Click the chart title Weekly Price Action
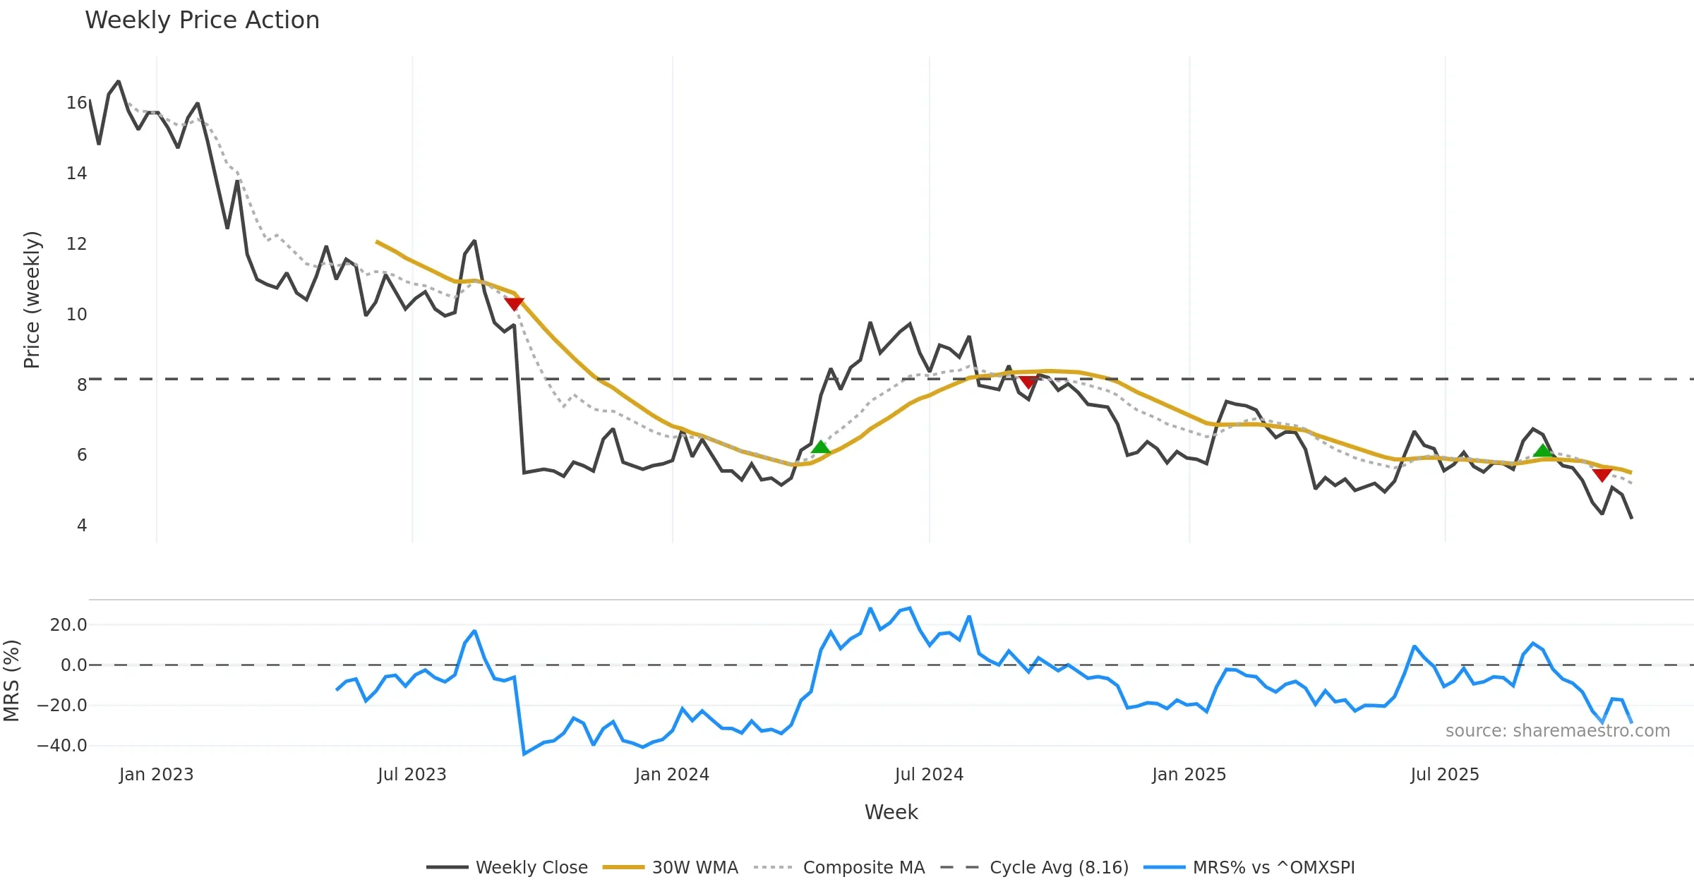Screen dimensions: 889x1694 tap(202, 20)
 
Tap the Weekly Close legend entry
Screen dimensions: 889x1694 tap(531, 867)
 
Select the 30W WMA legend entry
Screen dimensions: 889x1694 tap(695, 867)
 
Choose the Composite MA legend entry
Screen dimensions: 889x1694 tap(863, 867)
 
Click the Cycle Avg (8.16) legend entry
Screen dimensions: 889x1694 tap(1058, 867)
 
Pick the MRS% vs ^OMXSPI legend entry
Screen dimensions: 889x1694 tap(1273, 867)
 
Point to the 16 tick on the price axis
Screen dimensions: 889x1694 tap(76, 103)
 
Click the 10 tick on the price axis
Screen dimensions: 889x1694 tap(76, 315)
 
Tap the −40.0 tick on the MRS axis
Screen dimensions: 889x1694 tap(62, 746)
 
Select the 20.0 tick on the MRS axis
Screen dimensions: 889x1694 tap(68, 625)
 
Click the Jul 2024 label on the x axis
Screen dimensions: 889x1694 tap(929, 775)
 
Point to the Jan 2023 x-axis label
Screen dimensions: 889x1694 tap(156, 775)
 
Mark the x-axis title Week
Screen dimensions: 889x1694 tap(891, 813)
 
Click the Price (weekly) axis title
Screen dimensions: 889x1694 tap(32, 300)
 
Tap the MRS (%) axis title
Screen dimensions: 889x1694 tap(11, 680)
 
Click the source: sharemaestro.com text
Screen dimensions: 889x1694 tap(1557, 731)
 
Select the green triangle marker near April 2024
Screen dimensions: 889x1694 tap(820, 447)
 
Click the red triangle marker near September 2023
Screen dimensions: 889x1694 tap(514, 303)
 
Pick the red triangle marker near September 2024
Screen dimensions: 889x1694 tap(1028, 382)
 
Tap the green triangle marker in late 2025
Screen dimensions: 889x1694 tap(1542, 451)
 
